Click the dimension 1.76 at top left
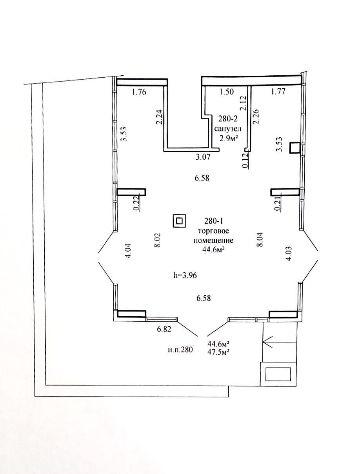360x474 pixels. tap(139, 93)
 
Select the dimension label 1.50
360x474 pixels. tap(227, 92)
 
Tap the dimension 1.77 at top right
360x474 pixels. tap(278, 92)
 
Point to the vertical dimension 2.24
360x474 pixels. tap(159, 117)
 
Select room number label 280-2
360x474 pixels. tap(227, 118)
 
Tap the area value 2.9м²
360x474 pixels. tap(227, 137)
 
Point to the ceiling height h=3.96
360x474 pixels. tap(185, 275)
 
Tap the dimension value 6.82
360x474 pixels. tap(165, 329)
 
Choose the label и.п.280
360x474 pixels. tap(180, 350)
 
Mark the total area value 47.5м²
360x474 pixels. tap(218, 352)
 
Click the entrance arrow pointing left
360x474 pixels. tap(275, 342)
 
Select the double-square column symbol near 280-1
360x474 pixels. tap(179, 221)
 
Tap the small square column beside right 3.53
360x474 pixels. tap(295, 148)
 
